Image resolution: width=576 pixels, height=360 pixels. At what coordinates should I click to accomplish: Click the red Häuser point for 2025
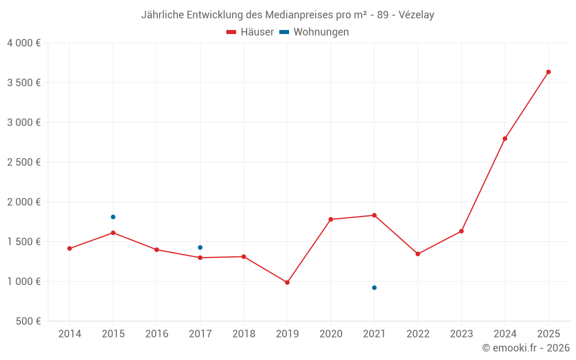click(548, 72)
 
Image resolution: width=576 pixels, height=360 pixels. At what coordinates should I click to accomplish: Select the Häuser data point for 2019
click(287, 282)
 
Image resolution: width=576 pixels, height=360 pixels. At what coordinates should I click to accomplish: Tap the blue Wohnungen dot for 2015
click(113, 217)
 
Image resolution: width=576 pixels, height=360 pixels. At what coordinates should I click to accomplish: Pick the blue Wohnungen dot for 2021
click(374, 287)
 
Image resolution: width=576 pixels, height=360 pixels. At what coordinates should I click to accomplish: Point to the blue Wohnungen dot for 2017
click(200, 248)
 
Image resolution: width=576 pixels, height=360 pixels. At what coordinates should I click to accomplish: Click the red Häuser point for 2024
click(505, 138)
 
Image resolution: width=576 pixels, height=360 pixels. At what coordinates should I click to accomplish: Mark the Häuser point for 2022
click(418, 254)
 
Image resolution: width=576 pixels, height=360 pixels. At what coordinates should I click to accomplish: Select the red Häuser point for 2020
click(331, 219)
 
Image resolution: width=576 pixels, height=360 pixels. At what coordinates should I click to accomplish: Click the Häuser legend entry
click(250, 32)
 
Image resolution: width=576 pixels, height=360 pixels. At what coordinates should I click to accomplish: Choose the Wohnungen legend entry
click(314, 32)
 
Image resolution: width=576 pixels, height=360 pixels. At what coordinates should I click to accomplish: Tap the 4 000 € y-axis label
click(24, 43)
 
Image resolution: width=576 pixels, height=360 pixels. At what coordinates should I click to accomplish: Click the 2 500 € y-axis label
click(24, 162)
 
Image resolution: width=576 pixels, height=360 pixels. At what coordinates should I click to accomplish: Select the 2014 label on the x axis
click(70, 334)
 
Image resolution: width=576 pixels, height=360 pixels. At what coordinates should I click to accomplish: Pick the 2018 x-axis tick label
click(244, 334)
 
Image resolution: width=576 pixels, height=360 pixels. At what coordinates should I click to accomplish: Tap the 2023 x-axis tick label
click(461, 334)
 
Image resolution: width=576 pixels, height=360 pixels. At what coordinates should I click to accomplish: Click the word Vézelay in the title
click(416, 15)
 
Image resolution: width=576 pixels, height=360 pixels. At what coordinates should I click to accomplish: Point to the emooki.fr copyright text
click(526, 348)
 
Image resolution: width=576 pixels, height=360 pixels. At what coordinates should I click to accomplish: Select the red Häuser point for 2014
click(70, 248)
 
